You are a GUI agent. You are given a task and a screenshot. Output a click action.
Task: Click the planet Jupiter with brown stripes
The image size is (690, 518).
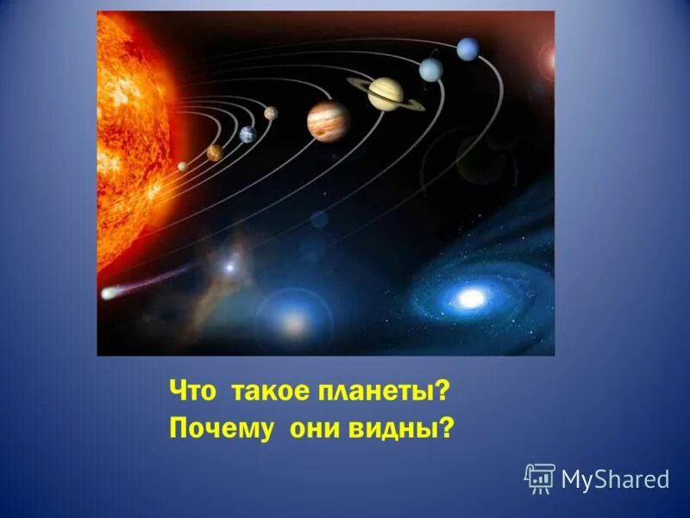(328, 120)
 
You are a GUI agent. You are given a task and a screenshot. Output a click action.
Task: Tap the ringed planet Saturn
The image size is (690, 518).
(386, 93)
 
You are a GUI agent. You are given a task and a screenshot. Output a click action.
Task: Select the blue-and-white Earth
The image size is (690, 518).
(248, 134)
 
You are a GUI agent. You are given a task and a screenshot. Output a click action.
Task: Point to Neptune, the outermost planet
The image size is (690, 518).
(468, 49)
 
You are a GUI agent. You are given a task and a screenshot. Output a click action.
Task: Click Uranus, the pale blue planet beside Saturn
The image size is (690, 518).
(431, 69)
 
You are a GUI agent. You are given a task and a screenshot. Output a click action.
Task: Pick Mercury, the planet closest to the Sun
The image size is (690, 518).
(183, 166)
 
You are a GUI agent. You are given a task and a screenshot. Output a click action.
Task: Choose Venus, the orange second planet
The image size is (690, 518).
(215, 153)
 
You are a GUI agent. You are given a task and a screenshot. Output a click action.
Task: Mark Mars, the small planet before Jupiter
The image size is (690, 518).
(271, 113)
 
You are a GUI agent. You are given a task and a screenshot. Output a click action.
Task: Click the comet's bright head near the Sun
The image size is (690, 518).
(108, 294)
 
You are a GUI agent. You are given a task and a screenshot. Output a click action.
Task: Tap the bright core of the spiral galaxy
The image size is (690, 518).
(471, 299)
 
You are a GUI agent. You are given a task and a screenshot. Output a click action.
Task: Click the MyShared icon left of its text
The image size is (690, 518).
(539, 477)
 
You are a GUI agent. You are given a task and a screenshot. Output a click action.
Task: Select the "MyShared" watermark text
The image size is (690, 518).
(615, 479)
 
